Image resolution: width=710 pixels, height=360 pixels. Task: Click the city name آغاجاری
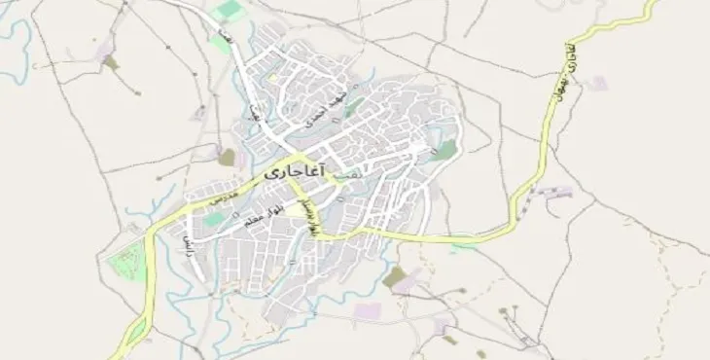pos(297,173)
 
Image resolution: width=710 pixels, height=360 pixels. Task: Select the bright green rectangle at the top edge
pos(230,9)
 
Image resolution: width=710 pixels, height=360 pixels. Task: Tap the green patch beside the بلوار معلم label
pos(212,220)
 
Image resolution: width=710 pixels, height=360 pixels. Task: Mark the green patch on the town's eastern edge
pos(445,151)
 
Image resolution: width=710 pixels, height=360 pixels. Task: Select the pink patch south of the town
pos(367,311)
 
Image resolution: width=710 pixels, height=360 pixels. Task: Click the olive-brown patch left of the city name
pos(227,157)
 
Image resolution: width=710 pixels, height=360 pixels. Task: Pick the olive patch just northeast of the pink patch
pos(394,278)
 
